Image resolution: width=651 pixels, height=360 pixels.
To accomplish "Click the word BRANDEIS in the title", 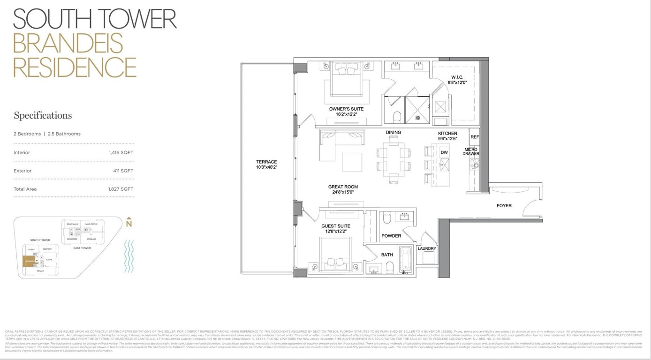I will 68,43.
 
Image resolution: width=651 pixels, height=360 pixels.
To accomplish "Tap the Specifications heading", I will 43,116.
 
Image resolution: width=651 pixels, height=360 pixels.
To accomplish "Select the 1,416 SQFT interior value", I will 121,152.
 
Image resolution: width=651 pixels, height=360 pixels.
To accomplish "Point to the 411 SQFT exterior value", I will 123,171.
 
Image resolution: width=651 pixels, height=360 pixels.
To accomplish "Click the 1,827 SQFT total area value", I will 121,189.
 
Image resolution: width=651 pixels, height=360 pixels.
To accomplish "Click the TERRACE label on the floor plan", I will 266,162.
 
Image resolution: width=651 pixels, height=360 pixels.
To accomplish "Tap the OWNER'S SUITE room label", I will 346,109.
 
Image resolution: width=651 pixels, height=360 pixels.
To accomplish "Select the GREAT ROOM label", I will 343,187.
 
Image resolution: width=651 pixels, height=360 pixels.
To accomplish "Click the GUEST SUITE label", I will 335,226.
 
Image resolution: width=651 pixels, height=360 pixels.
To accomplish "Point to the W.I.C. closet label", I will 457,77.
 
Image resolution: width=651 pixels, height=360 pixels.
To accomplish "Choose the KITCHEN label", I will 447,133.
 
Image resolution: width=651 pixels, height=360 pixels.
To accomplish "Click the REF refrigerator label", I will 474,137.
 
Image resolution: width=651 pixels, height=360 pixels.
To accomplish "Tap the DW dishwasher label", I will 444,152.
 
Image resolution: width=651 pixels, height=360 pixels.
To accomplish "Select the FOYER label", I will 504,205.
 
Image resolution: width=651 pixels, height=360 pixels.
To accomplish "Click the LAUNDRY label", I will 427,248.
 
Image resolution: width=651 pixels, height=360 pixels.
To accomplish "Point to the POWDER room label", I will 391,236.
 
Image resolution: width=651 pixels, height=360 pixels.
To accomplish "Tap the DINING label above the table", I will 393,132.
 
